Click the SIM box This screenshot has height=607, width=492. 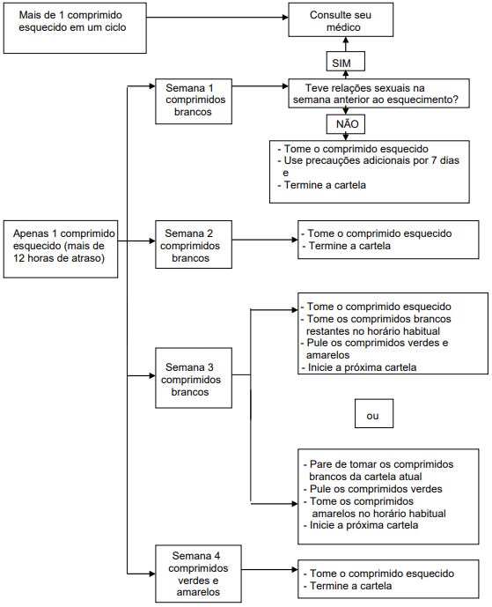[x=345, y=62]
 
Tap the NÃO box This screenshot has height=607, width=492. [x=345, y=124]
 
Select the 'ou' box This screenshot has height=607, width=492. [x=374, y=413]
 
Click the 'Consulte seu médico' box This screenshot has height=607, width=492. [x=341, y=19]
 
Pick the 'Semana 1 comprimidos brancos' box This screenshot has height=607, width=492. [x=194, y=101]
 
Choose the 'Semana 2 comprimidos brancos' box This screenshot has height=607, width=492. [x=194, y=245]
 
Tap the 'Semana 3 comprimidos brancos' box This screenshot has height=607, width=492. [x=194, y=378]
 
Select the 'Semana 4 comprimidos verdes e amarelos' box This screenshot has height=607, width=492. [x=198, y=574]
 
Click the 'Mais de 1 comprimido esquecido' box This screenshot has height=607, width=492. [x=75, y=28]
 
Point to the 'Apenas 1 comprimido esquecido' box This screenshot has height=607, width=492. [x=61, y=249]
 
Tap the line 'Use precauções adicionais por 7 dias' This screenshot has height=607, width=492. [x=368, y=160]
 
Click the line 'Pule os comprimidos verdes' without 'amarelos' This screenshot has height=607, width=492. [x=373, y=489]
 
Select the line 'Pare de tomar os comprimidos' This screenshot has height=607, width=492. [x=378, y=464]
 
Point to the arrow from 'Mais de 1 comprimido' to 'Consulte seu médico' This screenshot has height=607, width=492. [x=217, y=17]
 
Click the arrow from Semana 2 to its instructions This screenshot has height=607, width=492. [x=265, y=240]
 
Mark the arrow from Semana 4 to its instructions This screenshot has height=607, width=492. [x=269, y=569]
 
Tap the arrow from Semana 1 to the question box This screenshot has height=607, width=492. [x=260, y=86]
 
